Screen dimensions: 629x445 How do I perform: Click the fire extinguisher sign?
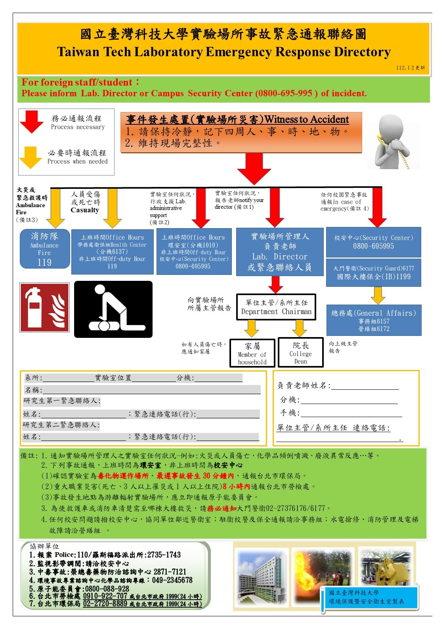click(x=44, y=307)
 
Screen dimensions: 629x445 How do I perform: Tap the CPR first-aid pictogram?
click(x=113, y=309)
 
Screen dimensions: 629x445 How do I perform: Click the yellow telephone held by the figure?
click(x=380, y=139)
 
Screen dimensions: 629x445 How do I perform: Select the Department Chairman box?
click(x=276, y=307)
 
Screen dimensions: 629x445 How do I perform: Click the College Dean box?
click(x=301, y=353)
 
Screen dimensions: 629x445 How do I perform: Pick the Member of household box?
click(x=252, y=353)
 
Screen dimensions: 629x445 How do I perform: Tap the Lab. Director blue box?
click(x=279, y=252)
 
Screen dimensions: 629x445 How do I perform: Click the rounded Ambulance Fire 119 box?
click(x=44, y=249)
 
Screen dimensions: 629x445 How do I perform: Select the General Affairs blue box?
click(x=373, y=320)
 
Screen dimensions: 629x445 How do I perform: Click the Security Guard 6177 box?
click(x=373, y=273)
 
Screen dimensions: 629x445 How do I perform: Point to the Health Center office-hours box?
click(x=112, y=252)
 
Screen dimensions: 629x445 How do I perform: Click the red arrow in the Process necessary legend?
click(x=32, y=121)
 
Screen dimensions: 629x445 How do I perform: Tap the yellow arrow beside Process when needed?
click(x=31, y=157)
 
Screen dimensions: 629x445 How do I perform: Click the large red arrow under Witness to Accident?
click(x=254, y=168)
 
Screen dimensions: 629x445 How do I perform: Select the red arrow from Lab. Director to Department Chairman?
click(x=275, y=284)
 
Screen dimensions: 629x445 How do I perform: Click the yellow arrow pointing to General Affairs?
click(x=378, y=295)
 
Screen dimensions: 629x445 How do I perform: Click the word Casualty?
click(x=84, y=210)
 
